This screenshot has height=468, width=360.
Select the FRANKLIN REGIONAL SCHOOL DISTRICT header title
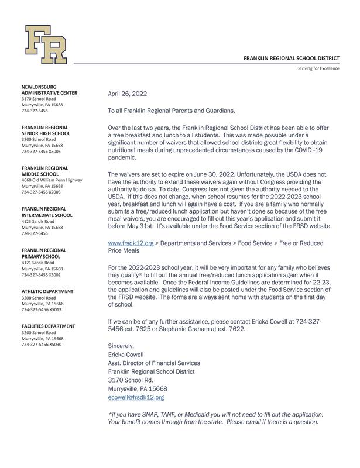(x=291, y=58)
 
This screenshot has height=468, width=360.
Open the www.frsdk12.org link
(x=131, y=243)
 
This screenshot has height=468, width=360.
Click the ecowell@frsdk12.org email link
(x=136, y=397)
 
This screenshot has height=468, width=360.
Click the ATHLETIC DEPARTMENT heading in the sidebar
(x=47, y=291)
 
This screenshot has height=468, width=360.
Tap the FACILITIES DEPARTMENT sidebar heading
(x=49, y=326)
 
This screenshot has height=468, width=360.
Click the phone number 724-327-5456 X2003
(x=41, y=192)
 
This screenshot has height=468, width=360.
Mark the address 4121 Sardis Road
(x=39, y=262)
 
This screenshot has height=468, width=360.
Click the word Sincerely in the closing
(x=121, y=346)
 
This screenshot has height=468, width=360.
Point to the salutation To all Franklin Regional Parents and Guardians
(x=172, y=111)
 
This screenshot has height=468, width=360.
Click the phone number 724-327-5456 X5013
(x=41, y=309)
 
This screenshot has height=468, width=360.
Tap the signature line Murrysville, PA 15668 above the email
(x=138, y=388)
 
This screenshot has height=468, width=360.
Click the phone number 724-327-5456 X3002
(x=41, y=274)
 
